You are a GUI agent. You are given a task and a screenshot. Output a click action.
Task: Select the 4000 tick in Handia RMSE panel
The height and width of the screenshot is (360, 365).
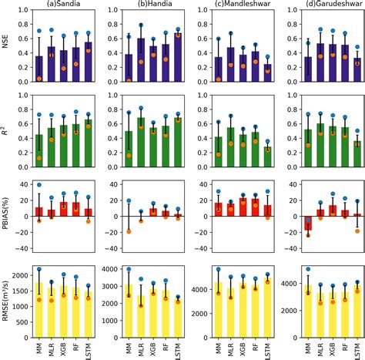111,270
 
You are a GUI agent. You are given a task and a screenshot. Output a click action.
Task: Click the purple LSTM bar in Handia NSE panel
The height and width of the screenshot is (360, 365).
179,57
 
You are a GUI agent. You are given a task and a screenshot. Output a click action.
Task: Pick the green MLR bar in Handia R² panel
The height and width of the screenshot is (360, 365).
141,143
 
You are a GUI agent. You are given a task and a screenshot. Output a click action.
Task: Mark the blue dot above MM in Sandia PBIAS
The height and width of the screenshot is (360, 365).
39,186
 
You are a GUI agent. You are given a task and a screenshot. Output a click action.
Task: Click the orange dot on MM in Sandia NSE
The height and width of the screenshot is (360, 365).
39,79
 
